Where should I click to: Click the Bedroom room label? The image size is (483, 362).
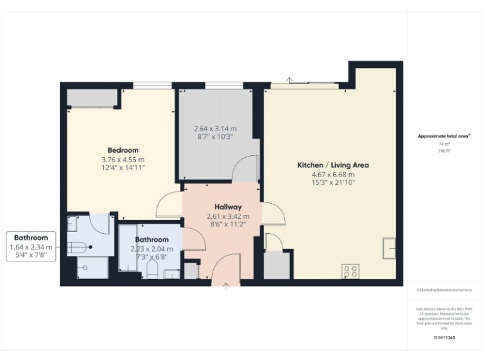123,150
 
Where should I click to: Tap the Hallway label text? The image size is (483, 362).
228,207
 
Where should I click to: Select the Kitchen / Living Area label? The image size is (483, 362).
333,165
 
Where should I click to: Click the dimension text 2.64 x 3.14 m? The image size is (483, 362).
215,129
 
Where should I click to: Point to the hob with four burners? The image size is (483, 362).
350,271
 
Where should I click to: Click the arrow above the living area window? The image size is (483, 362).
289,80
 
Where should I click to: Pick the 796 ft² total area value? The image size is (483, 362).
444,151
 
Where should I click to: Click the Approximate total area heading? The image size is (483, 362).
444,136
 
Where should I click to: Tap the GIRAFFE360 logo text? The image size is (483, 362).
444,338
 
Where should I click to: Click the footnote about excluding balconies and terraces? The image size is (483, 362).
444,290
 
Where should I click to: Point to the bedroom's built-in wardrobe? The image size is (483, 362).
92,98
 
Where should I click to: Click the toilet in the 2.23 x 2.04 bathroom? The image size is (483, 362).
151,269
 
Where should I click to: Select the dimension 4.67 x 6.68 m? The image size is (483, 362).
333,175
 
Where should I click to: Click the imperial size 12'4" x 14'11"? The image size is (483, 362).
123,168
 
